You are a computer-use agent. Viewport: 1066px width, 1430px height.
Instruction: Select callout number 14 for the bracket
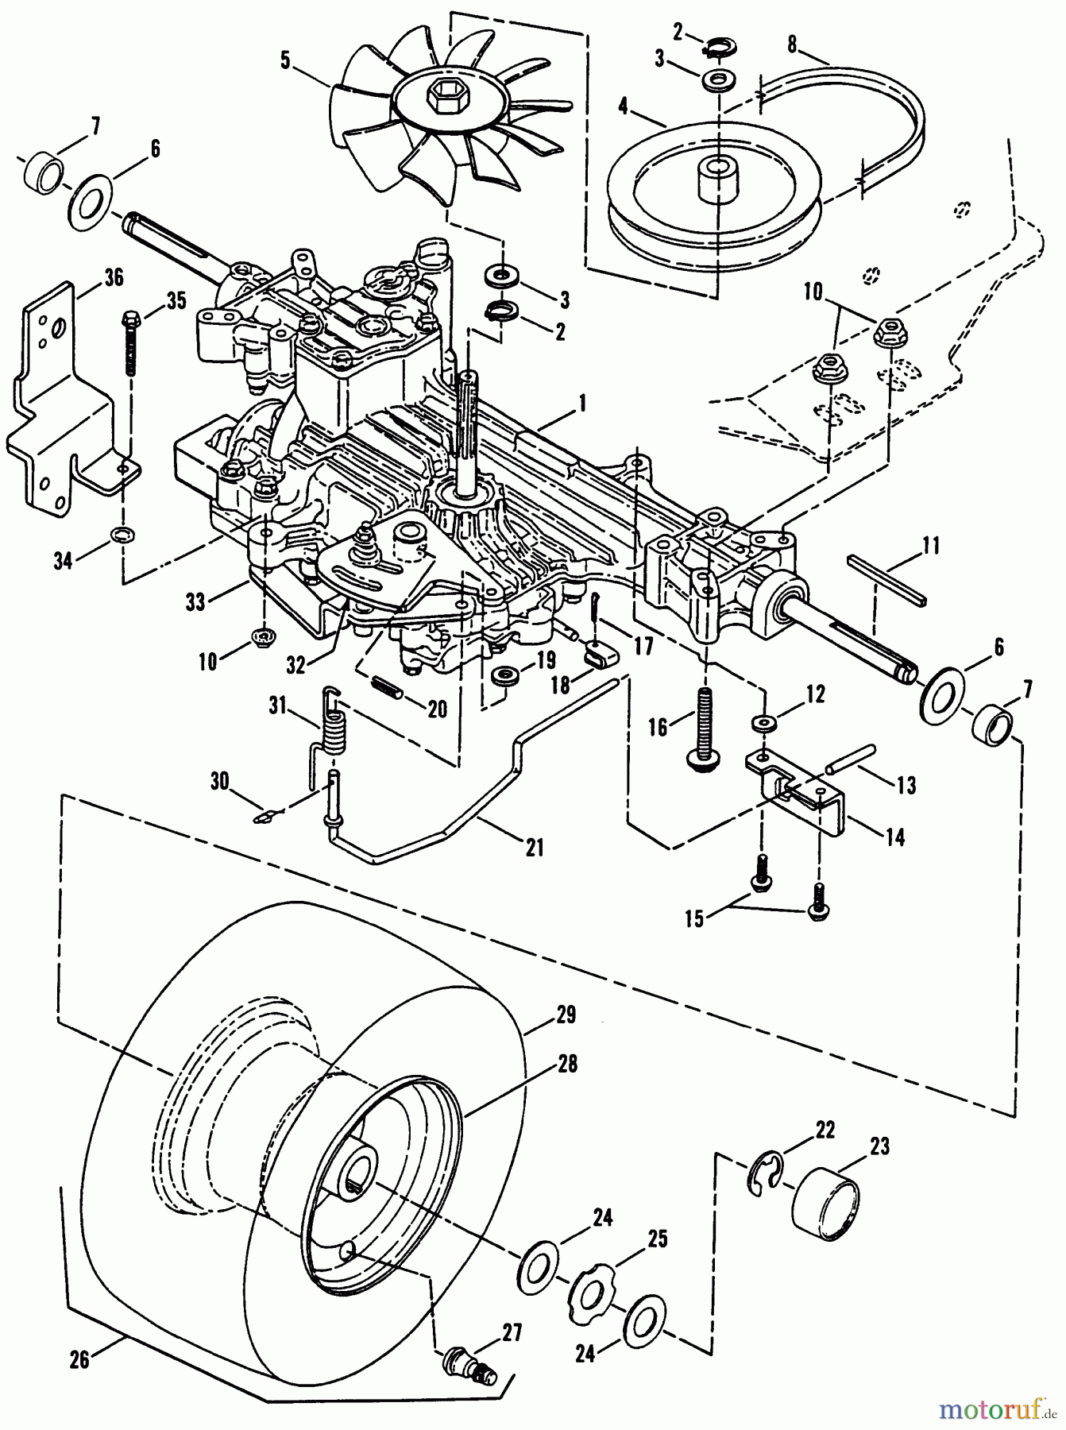click(894, 837)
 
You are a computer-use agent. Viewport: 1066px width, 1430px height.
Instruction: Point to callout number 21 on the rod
click(535, 848)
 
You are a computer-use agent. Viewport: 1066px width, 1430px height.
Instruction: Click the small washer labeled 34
click(123, 532)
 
